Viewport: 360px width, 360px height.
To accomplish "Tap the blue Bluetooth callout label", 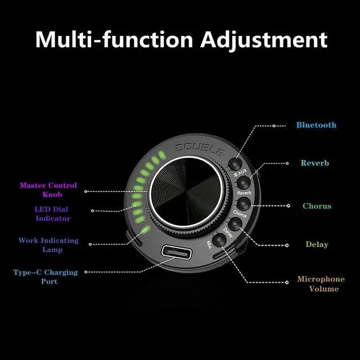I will pyautogui.click(x=316, y=125).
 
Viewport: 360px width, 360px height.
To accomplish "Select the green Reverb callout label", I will pyautogui.click(x=315, y=163).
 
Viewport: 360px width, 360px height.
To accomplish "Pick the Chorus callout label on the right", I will pyautogui.click(x=317, y=206).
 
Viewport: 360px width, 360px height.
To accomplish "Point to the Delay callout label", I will pyautogui.click(x=317, y=245).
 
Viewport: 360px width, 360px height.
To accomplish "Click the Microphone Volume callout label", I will pyautogui.click(x=321, y=284).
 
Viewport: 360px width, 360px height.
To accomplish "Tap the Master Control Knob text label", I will pyautogui.click(x=48, y=190).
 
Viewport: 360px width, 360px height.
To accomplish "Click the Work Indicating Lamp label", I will pyautogui.click(x=48, y=245).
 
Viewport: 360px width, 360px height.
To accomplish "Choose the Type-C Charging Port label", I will pyautogui.click(x=46, y=277).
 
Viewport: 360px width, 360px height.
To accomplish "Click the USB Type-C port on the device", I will pyautogui.click(x=175, y=253).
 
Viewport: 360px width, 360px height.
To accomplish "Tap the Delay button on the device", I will pyautogui.click(x=234, y=223).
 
